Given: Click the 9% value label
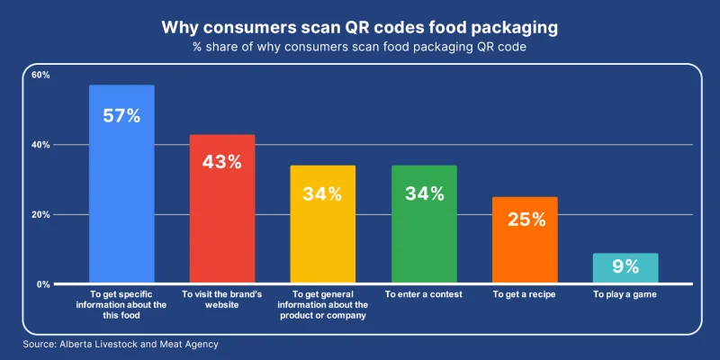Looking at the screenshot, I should coord(625,266).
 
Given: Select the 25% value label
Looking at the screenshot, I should coord(525,220).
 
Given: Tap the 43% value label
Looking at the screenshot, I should coord(221,162).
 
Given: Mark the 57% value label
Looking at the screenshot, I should coord(121,116).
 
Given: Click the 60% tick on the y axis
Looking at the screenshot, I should coord(40,75).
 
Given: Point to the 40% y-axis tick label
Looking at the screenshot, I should coord(40,145).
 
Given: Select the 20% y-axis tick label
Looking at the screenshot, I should coord(40,215).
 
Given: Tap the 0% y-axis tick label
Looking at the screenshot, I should coord(43,284).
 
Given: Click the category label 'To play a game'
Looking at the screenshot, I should coord(625,294).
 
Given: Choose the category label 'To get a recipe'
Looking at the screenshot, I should coord(525,294).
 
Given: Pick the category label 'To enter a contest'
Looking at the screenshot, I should coord(424,294).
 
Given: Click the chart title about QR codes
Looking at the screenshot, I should coord(360,27).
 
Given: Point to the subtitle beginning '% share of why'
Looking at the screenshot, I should coord(360,48).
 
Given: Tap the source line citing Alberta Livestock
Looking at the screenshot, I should coord(121,344).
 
